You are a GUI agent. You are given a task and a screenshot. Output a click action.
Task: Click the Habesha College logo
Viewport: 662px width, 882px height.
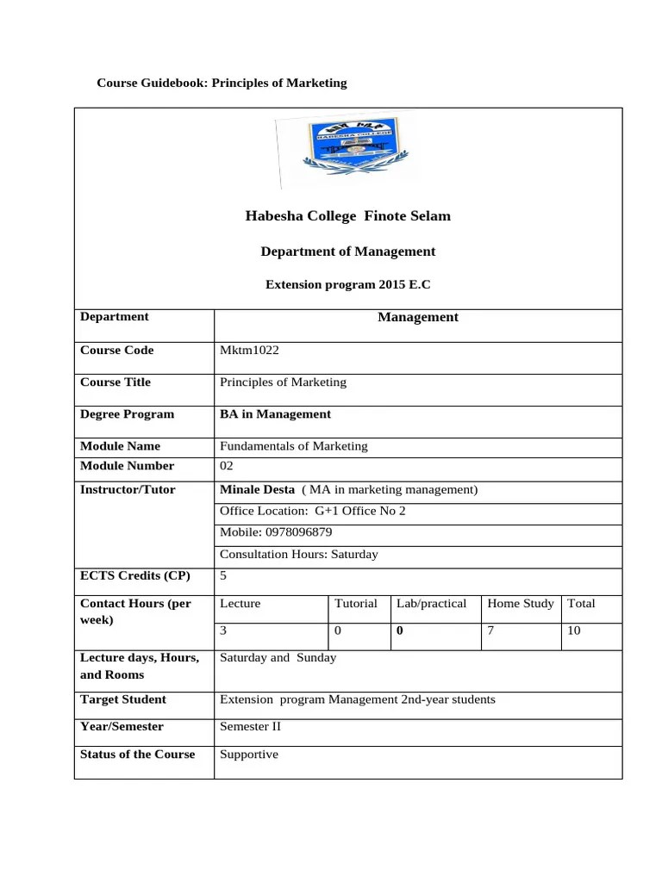click(x=347, y=149)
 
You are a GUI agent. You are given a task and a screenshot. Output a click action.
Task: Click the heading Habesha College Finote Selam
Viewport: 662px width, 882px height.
click(x=347, y=216)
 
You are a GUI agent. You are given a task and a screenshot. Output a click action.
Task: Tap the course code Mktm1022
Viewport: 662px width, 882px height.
click(x=249, y=351)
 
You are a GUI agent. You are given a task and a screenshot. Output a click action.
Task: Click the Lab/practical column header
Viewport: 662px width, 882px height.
click(x=431, y=604)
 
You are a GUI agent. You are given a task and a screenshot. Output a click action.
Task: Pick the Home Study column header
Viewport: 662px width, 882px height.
click(x=520, y=604)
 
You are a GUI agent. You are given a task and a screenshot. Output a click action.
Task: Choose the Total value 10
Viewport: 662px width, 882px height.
click(x=573, y=631)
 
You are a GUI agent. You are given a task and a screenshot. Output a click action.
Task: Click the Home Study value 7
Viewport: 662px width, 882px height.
click(x=490, y=631)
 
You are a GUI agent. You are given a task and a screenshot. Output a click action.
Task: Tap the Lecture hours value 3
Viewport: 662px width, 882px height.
click(x=223, y=631)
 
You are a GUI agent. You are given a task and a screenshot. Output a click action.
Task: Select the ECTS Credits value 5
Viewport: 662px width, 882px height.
click(x=223, y=576)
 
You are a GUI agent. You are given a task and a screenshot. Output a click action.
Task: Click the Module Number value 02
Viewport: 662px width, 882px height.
click(x=227, y=466)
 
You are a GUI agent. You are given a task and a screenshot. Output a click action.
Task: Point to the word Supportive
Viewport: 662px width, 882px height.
click(x=249, y=755)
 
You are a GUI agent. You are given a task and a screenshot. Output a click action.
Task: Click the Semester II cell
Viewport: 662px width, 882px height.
click(x=250, y=727)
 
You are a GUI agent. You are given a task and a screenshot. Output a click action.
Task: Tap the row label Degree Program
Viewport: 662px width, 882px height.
click(x=127, y=414)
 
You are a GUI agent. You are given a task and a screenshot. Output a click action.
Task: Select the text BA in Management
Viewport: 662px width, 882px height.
click(x=275, y=414)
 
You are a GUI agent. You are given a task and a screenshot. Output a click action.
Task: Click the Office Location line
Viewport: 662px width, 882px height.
click(x=312, y=511)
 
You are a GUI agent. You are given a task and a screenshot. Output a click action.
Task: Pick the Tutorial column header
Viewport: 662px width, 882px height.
click(x=355, y=604)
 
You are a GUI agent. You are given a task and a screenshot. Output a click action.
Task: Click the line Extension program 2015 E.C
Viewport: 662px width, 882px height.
click(x=347, y=284)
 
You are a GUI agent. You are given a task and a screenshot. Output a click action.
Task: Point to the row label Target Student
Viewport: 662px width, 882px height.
click(x=123, y=699)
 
